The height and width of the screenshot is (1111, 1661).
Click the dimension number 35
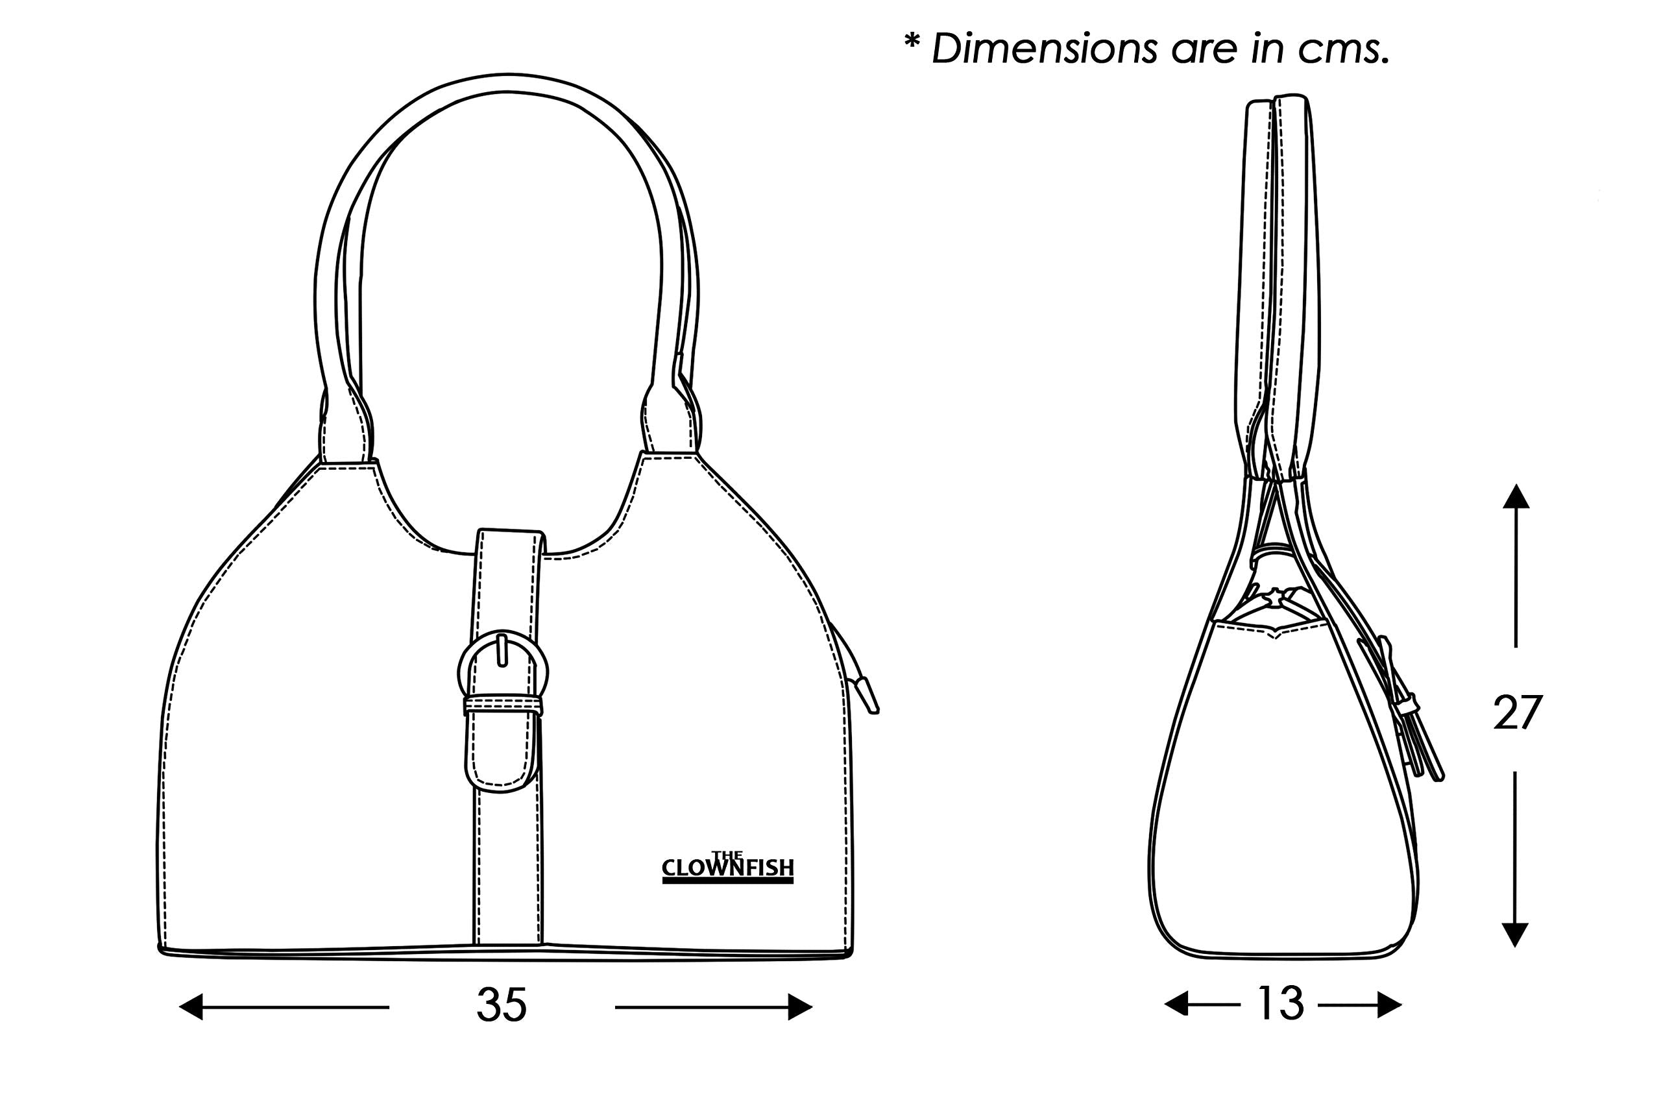pos(502,1005)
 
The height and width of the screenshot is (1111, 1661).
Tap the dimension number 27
pos(1517,713)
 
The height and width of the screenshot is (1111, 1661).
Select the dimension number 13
pos(1280,1003)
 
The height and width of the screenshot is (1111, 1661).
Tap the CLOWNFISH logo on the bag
pos(727,867)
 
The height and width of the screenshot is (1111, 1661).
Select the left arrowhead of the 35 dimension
pos(191,1007)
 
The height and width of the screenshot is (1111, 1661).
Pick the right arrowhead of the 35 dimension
pos(800,1007)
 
